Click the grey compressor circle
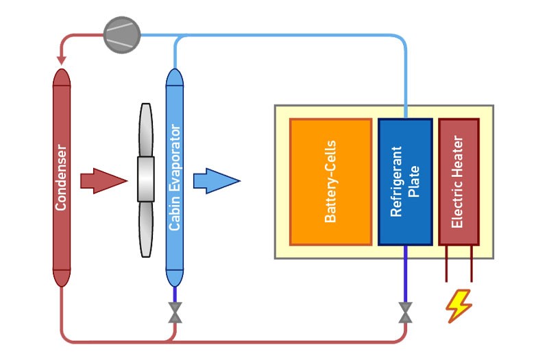[121, 33]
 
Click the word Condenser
[62, 177]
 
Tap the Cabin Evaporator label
[175, 177]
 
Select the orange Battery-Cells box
[330, 182]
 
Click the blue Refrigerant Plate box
[405, 182]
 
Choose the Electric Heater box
[459, 182]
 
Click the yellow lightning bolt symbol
[459, 306]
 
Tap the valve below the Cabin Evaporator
[175, 314]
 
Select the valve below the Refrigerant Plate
[405, 314]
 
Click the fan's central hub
[145, 180]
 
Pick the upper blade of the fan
[145, 130]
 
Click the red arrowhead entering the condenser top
[62, 63]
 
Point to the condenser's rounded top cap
[62, 77]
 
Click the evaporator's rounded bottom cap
[175, 278]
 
